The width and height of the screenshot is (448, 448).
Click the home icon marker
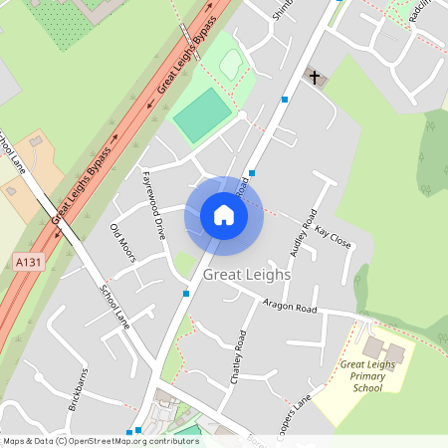(x=224, y=215)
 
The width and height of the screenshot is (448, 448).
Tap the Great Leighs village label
(x=247, y=274)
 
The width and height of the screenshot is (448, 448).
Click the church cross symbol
(x=315, y=77)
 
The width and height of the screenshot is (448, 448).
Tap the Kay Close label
(x=333, y=236)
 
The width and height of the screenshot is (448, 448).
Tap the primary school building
(x=383, y=349)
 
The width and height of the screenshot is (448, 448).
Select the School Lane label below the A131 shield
(x=114, y=306)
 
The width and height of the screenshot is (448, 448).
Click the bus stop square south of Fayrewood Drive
(x=185, y=293)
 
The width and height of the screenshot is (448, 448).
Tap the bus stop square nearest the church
(x=285, y=100)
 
